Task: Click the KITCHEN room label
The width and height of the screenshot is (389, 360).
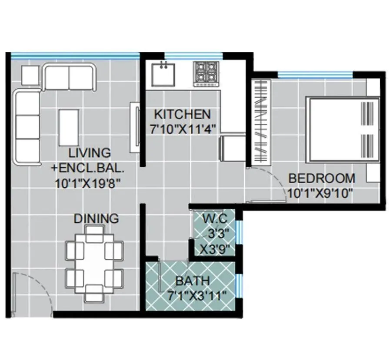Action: [183, 115]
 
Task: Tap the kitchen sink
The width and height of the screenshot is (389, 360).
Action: [163, 74]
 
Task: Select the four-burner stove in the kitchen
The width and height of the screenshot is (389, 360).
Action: [205, 73]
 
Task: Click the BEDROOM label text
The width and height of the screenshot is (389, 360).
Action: [322, 178]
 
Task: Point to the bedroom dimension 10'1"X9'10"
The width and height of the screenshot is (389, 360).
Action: [319, 193]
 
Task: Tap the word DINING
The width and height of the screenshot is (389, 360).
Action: [96, 218]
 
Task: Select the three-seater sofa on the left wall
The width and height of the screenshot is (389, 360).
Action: [27, 126]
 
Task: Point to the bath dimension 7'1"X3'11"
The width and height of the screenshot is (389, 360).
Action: [196, 297]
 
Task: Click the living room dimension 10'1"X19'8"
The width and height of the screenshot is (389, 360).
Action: [87, 183]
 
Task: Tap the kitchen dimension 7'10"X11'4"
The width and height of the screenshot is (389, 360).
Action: [182, 129]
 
